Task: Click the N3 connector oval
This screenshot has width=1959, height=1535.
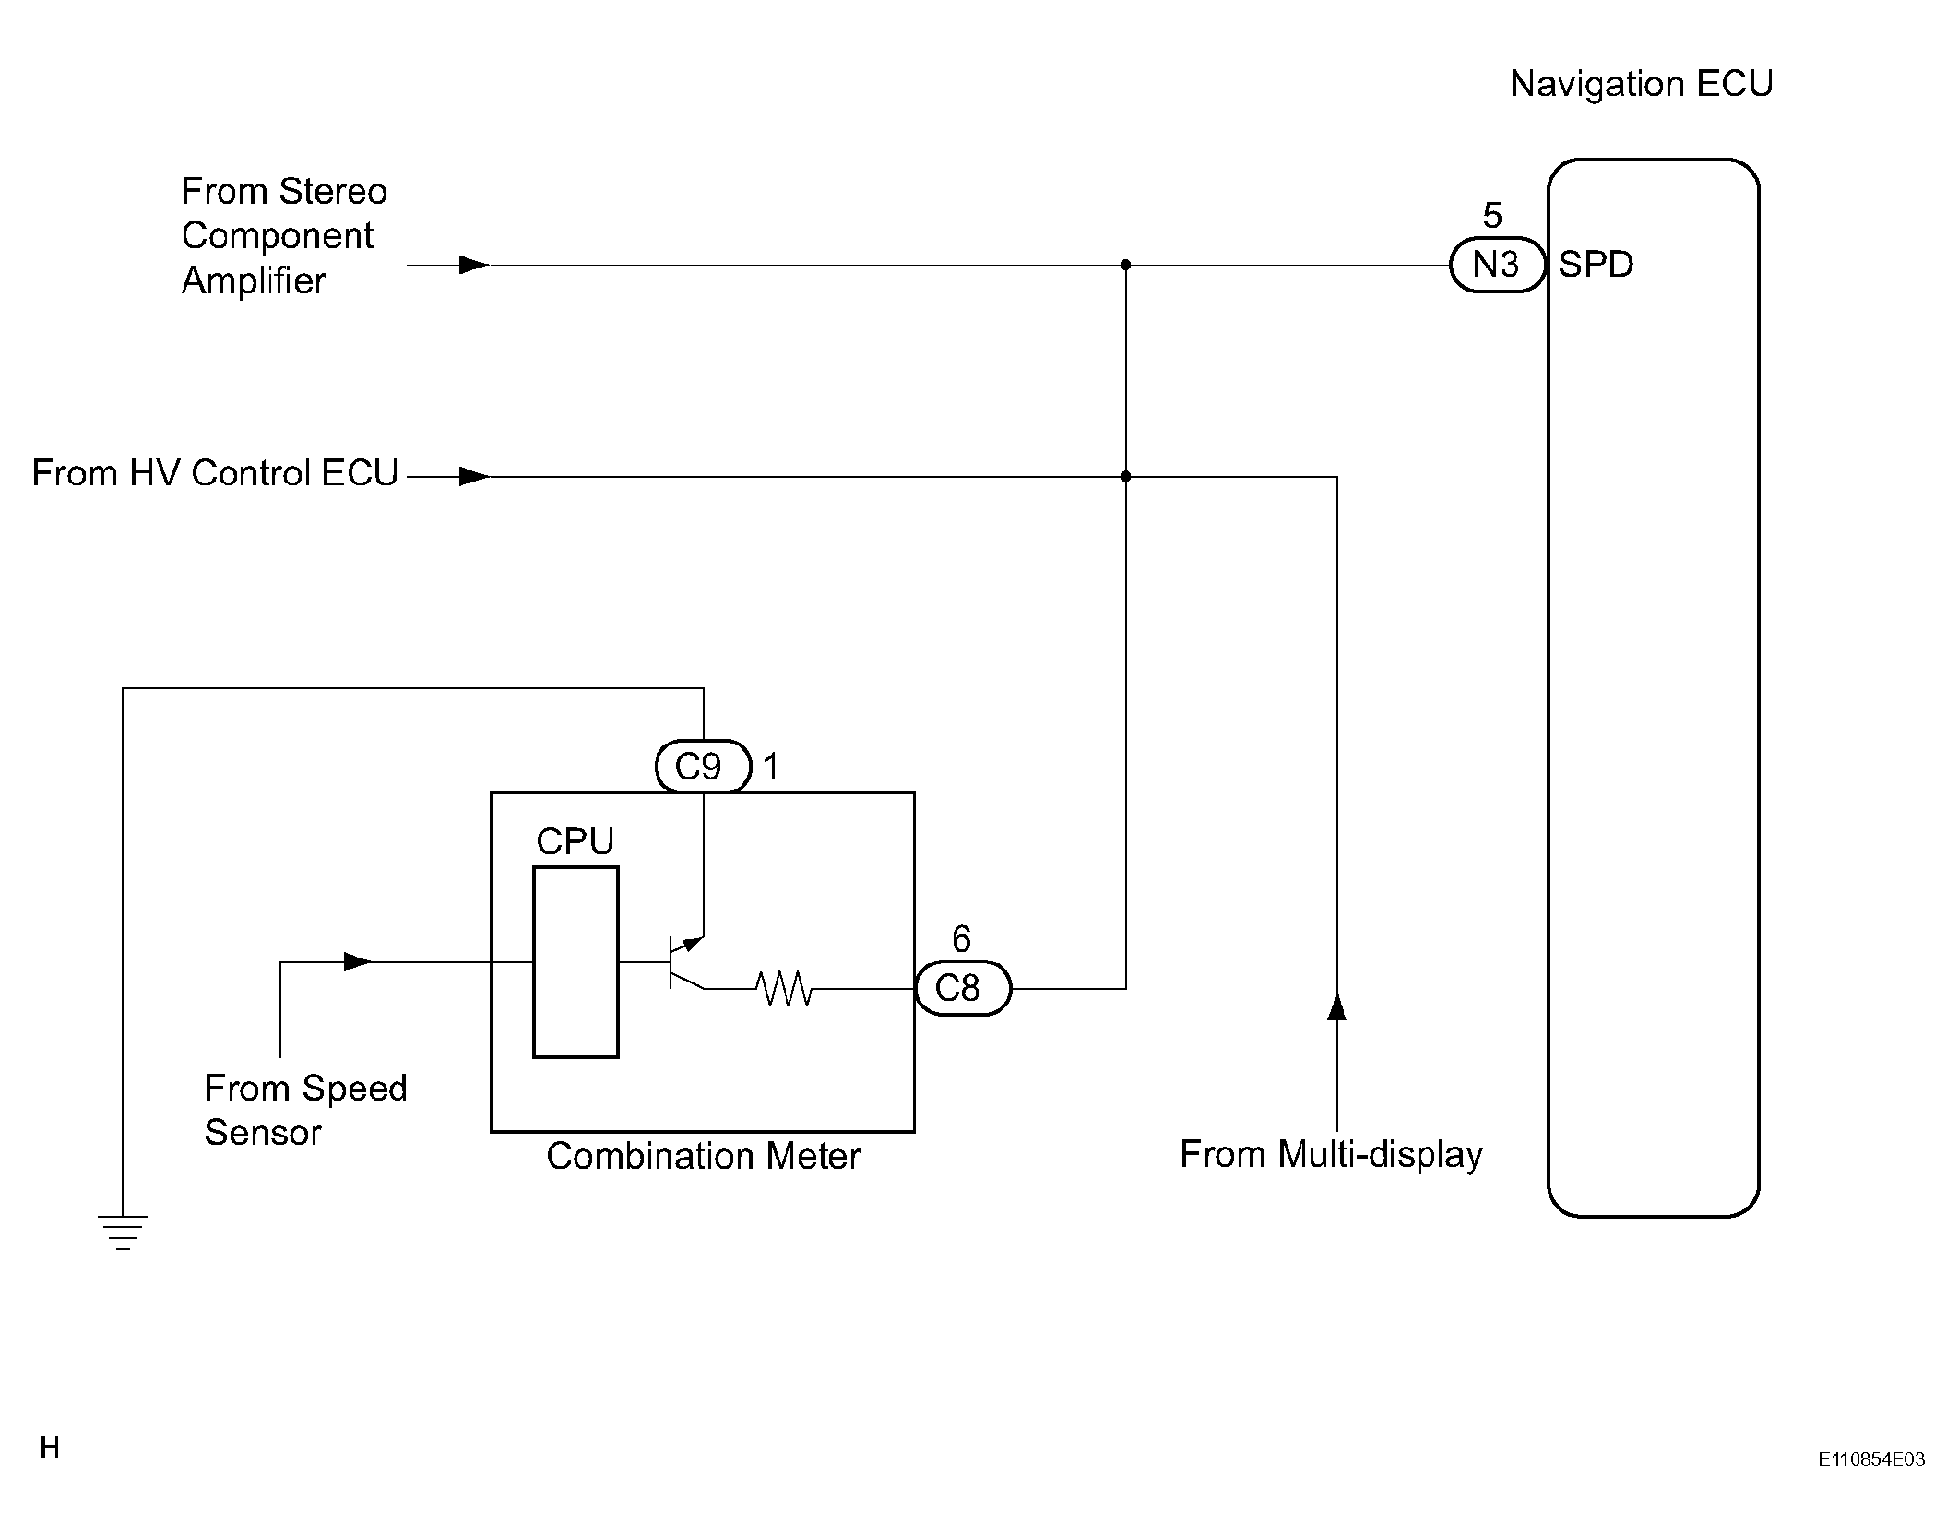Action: pyautogui.click(x=1496, y=265)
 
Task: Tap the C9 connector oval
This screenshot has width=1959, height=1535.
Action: pyautogui.click(x=703, y=766)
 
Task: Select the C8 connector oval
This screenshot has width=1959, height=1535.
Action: pyautogui.click(x=962, y=988)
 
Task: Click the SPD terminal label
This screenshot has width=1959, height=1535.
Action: pyautogui.click(x=1596, y=265)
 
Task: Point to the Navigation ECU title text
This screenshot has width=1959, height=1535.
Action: pyautogui.click(x=1641, y=84)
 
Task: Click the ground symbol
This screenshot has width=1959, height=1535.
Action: pyautogui.click(x=123, y=1232)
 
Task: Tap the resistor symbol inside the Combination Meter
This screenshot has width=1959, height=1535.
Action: pyautogui.click(x=783, y=988)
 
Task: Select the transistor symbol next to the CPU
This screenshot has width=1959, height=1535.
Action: pyautogui.click(x=683, y=962)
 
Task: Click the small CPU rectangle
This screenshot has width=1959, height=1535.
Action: pyautogui.click(x=576, y=961)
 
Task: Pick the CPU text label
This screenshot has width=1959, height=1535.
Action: pyautogui.click(x=575, y=841)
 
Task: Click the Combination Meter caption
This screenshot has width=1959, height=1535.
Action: pyautogui.click(x=703, y=1156)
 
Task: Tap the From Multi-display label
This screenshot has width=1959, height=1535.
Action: pyautogui.click(x=1331, y=1154)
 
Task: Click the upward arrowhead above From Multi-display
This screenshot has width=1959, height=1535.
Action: pyautogui.click(x=1336, y=1006)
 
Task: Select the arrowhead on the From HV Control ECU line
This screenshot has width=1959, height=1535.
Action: pyautogui.click(x=473, y=477)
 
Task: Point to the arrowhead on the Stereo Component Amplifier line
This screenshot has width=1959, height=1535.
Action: pyautogui.click(x=473, y=265)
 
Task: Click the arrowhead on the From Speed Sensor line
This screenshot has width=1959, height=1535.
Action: pyautogui.click(x=358, y=962)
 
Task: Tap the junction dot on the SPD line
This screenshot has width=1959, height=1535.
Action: pyautogui.click(x=1125, y=265)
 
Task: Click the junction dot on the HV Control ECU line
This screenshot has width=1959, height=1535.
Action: pyautogui.click(x=1125, y=477)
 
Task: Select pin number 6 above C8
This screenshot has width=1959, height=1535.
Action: pyautogui.click(x=961, y=939)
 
